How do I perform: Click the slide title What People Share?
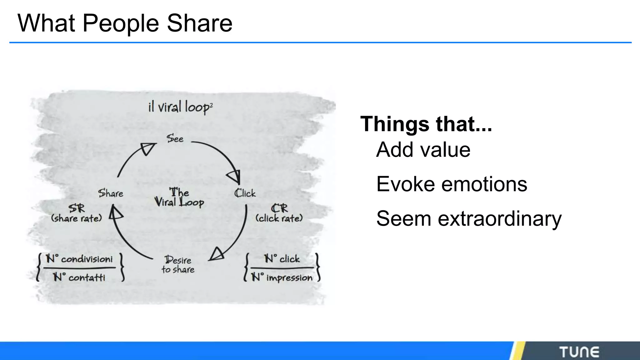125,23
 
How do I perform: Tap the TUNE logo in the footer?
579,352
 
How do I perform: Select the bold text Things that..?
426,124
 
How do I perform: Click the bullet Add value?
423,150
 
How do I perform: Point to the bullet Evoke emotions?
452,184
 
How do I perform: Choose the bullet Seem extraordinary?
469,218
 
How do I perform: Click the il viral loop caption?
180,107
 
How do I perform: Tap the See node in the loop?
175,138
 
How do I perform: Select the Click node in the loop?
245,193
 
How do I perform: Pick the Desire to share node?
178,265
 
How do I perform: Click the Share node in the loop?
111,193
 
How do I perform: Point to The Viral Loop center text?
179,197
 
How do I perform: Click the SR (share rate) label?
77,213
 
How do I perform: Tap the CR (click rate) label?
279,213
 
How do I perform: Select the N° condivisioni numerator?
79,259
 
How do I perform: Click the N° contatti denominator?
79,277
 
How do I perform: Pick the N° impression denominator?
282,277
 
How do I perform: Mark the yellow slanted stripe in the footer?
517,351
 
